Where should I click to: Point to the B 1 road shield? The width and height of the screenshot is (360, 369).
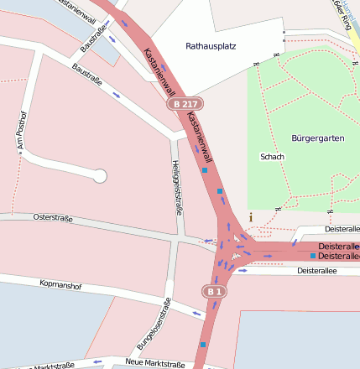(x=214, y=291)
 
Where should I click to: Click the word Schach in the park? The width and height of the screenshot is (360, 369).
(x=273, y=157)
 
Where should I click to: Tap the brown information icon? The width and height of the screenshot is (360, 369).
(x=250, y=217)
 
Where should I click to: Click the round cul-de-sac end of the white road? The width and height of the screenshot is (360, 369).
(x=100, y=176)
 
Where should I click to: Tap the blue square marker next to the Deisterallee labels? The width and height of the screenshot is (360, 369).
(x=313, y=255)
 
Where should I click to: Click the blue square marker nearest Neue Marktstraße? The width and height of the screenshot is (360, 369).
(x=202, y=344)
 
